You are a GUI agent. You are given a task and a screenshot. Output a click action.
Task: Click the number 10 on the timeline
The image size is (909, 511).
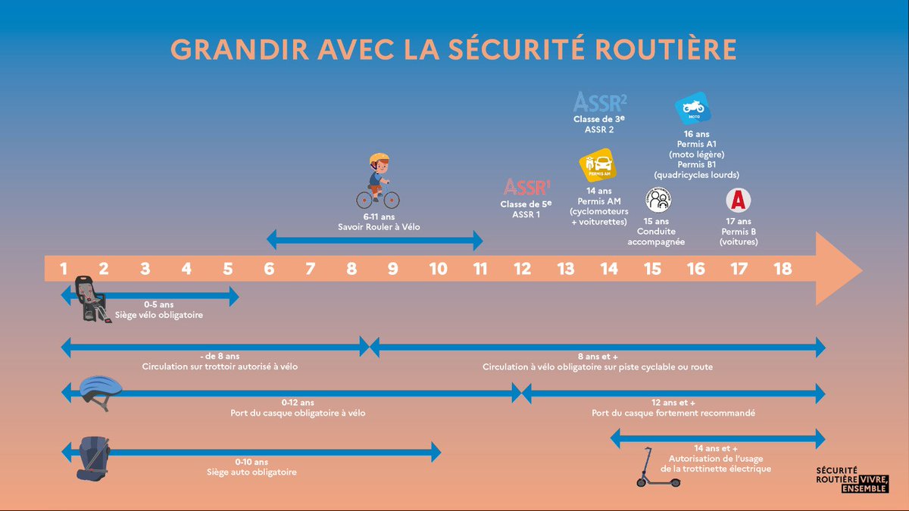439,269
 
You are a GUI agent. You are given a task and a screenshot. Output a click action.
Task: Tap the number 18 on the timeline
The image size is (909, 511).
782,269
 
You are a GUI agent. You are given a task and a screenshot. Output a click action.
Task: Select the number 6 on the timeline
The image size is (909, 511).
269,269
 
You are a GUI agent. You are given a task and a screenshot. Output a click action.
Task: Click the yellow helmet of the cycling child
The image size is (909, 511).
380,158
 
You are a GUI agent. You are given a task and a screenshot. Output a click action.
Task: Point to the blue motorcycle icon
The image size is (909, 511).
693,107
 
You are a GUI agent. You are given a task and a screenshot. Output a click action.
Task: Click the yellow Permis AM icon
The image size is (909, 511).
598,165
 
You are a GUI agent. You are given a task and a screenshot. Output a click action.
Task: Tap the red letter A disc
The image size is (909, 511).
738,201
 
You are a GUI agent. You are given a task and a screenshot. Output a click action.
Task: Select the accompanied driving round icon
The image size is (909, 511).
658,200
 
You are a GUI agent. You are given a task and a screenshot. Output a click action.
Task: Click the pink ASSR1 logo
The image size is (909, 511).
526,187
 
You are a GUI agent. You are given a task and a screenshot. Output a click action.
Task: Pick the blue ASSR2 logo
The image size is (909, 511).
600,101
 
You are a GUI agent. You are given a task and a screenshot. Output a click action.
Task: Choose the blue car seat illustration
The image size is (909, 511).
93,459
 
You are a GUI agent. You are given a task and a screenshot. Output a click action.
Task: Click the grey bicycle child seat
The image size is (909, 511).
92,299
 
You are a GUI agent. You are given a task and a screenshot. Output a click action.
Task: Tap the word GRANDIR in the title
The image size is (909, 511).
240,49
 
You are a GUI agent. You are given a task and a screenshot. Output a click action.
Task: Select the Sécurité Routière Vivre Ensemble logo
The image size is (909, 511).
852,480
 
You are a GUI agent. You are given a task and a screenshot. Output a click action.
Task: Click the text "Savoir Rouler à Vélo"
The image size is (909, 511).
379,227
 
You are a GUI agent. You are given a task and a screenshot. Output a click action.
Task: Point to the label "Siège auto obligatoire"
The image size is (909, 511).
251,472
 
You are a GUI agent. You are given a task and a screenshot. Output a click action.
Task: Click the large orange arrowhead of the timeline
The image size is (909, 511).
836,269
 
